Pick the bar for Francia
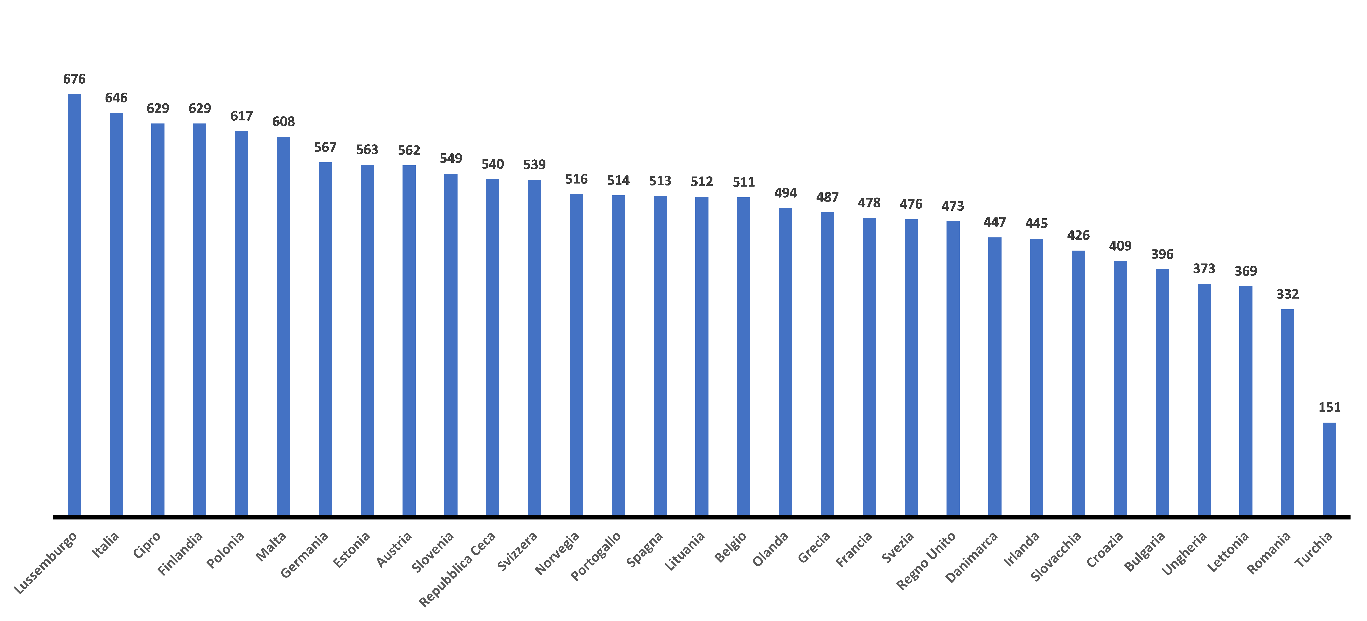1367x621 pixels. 869,366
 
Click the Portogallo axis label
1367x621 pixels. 595,556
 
